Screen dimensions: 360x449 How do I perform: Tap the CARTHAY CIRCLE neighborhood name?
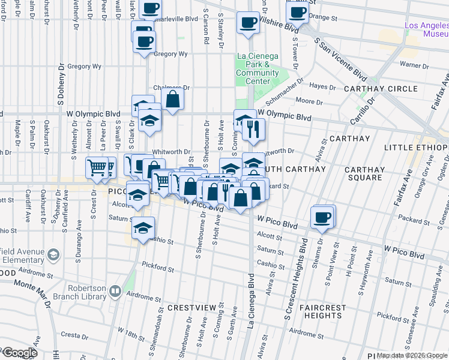click(376, 89)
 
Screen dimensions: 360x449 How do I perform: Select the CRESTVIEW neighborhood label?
click(191, 307)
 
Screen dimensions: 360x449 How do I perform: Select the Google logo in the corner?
click(19, 353)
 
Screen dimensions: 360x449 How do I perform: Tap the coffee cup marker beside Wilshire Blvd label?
click(248, 23)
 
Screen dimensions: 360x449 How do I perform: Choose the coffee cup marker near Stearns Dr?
click(322, 217)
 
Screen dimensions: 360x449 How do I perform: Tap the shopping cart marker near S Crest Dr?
click(96, 168)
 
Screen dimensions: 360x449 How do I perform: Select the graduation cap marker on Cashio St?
click(143, 228)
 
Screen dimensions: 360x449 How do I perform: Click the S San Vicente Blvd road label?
click(341, 58)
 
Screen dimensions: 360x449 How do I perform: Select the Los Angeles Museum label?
click(427, 29)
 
